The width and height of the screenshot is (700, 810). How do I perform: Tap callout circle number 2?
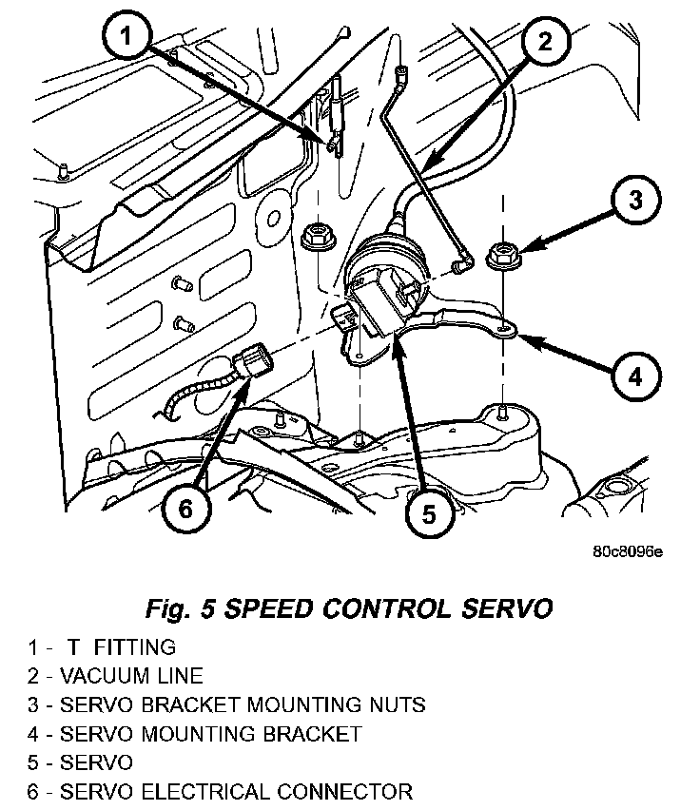(x=543, y=42)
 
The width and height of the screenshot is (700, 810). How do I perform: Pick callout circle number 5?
(x=429, y=514)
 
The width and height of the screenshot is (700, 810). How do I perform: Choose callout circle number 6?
(x=185, y=508)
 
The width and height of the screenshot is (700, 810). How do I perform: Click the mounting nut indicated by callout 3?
(x=502, y=255)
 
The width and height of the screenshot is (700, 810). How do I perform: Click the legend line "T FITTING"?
(x=121, y=647)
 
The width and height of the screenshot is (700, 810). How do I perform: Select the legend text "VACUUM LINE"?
(x=131, y=676)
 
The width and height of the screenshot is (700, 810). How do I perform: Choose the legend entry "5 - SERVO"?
(x=80, y=762)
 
